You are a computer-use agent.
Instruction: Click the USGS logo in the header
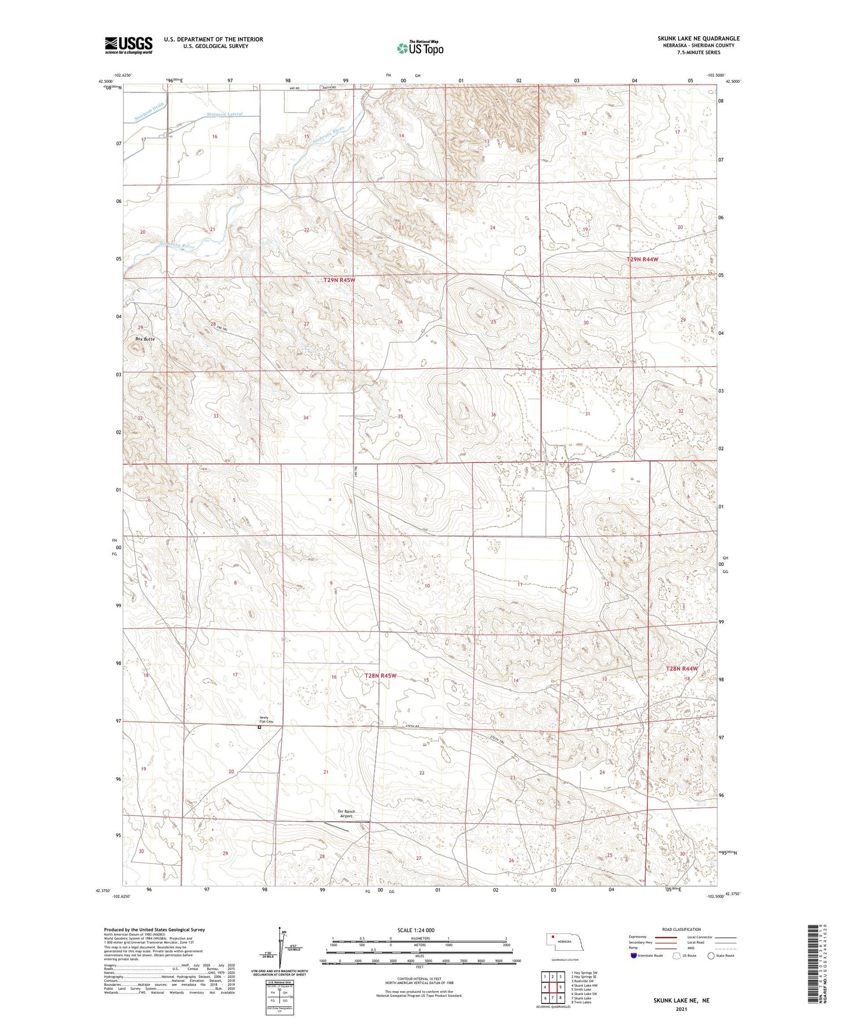pyautogui.click(x=128, y=45)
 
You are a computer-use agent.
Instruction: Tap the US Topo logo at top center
pyautogui.click(x=420, y=48)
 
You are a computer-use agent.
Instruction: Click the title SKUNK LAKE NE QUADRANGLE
pyautogui.click(x=698, y=38)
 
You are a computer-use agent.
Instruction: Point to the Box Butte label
pyautogui.click(x=145, y=339)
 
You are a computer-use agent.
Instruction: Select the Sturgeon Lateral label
pyautogui.click(x=225, y=114)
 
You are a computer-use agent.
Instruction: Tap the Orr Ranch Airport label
pyautogui.click(x=346, y=813)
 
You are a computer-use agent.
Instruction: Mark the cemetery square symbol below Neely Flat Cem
pyautogui.click(x=260, y=727)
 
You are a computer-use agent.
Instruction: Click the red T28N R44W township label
pyautogui.click(x=682, y=668)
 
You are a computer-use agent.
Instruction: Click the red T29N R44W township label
pyautogui.click(x=642, y=259)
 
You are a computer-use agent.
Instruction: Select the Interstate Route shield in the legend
pyautogui.click(x=634, y=956)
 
